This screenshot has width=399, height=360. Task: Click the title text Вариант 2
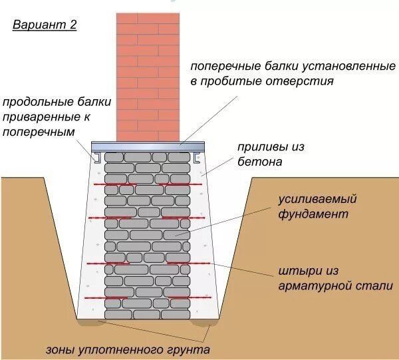point(45,25)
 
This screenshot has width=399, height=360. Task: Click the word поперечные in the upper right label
point(223,67)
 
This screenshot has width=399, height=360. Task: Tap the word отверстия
point(299,81)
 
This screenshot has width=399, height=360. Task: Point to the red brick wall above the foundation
point(148,73)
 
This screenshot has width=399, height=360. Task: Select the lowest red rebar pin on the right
point(183,296)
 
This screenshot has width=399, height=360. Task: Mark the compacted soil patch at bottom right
point(204,324)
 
